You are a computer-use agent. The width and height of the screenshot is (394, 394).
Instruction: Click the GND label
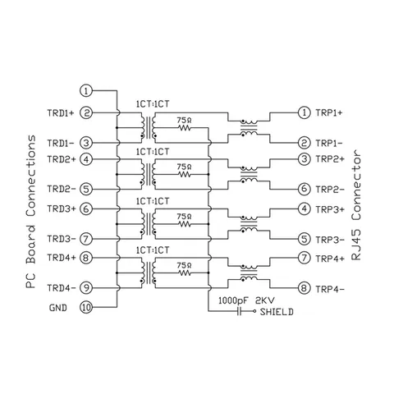(x=58, y=308)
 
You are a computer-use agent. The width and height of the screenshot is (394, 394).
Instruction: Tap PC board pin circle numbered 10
(x=86, y=307)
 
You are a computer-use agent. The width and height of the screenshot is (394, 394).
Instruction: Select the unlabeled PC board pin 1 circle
(x=86, y=90)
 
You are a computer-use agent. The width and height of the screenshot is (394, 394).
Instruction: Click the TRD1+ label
(x=61, y=113)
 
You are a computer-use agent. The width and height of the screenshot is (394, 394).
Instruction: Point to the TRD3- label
(x=62, y=239)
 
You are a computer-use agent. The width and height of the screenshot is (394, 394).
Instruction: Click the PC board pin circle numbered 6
(x=86, y=209)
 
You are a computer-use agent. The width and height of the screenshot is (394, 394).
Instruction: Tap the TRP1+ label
(x=329, y=112)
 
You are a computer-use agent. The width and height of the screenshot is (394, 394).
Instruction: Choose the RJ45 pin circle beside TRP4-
(x=304, y=288)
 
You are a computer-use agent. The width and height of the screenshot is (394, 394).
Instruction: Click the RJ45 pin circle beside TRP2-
(x=304, y=189)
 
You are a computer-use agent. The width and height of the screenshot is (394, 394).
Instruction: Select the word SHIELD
(x=277, y=312)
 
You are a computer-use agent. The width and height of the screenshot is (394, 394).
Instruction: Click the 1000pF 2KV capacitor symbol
(x=240, y=311)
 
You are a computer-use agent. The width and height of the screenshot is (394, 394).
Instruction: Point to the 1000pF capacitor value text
(x=233, y=300)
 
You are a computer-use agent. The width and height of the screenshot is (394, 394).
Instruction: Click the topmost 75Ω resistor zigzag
(x=185, y=128)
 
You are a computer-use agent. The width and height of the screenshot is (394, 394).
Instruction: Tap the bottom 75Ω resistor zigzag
(x=185, y=273)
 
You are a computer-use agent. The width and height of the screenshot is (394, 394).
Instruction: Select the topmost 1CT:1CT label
(x=153, y=104)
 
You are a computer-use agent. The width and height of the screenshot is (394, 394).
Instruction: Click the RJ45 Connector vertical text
(x=356, y=204)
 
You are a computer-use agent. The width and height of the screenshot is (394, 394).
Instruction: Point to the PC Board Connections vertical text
(x=31, y=212)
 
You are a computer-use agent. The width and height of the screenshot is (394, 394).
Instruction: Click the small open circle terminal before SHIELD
(x=254, y=311)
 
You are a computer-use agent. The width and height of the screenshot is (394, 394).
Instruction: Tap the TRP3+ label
(x=330, y=209)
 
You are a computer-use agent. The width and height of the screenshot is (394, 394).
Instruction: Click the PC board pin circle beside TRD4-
(x=86, y=288)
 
